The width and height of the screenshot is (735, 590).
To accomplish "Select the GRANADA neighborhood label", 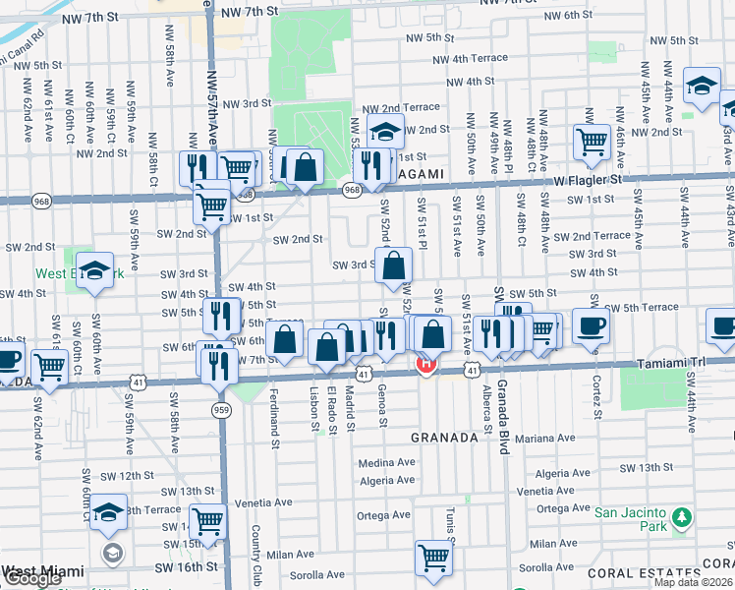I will (443, 436).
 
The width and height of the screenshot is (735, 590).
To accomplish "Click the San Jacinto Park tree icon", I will (679, 518).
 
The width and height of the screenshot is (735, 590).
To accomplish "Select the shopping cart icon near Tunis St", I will (432, 558).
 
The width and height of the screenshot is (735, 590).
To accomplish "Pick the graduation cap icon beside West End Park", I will (95, 270).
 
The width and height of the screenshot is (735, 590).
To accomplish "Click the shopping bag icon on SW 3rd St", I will (393, 265).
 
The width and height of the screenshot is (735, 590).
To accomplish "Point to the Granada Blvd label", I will (502, 416).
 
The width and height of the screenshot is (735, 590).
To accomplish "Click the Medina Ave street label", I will (387, 462).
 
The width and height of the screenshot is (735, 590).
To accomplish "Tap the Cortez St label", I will (594, 393).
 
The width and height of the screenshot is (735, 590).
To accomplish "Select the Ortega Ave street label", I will (383, 514).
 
